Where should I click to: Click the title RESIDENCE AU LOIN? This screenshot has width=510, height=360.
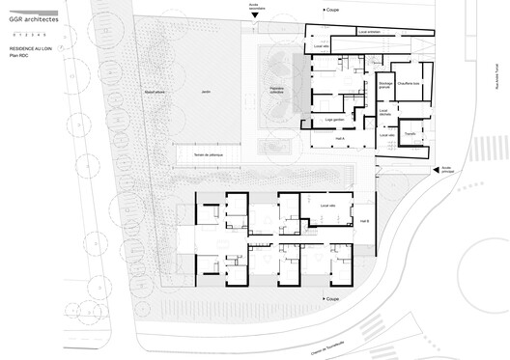32,46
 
